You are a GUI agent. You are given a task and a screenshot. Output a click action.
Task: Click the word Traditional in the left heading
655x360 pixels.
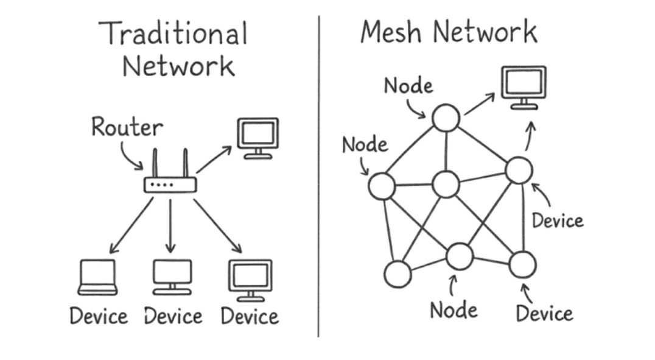(173, 33)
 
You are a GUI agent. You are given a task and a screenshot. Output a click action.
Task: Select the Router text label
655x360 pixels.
(127, 127)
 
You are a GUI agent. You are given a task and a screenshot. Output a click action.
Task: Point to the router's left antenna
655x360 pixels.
(155, 163)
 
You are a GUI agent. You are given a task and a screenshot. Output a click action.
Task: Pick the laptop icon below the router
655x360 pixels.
(97, 277)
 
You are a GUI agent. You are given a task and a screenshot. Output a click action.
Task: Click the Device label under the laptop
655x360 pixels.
(99, 317)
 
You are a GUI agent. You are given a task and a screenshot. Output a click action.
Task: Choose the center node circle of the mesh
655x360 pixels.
(446, 185)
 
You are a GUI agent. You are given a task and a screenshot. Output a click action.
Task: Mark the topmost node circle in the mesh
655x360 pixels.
(446, 118)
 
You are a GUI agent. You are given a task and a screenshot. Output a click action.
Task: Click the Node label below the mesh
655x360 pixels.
(454, 310)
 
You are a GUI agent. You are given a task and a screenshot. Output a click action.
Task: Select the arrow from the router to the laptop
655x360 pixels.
(130, 225)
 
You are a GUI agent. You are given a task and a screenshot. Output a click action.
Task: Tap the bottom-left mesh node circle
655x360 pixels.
(398, 274)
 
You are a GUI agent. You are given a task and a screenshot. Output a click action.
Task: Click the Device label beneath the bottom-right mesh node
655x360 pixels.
(544, 314)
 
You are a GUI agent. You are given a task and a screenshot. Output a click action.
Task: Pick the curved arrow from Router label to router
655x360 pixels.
(130, 156)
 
